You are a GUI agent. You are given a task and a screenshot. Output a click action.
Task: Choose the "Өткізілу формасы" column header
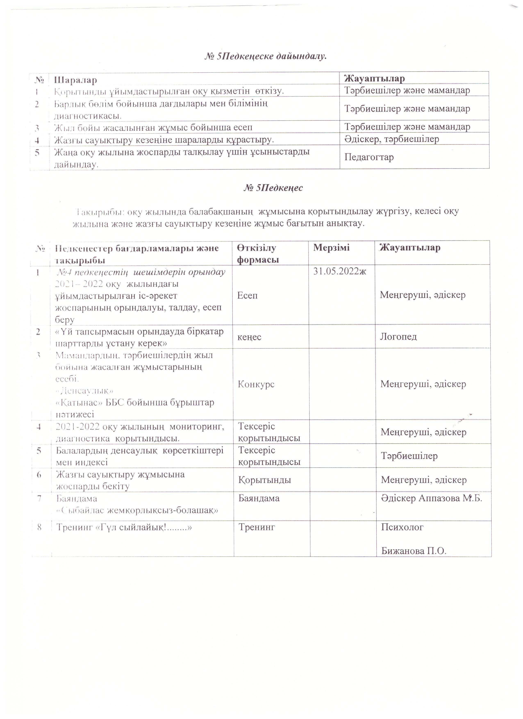pyautogui.click(x=258, y=254)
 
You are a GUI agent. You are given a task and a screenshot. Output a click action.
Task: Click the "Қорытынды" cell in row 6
pyautogui.click(x=265, y=480)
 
